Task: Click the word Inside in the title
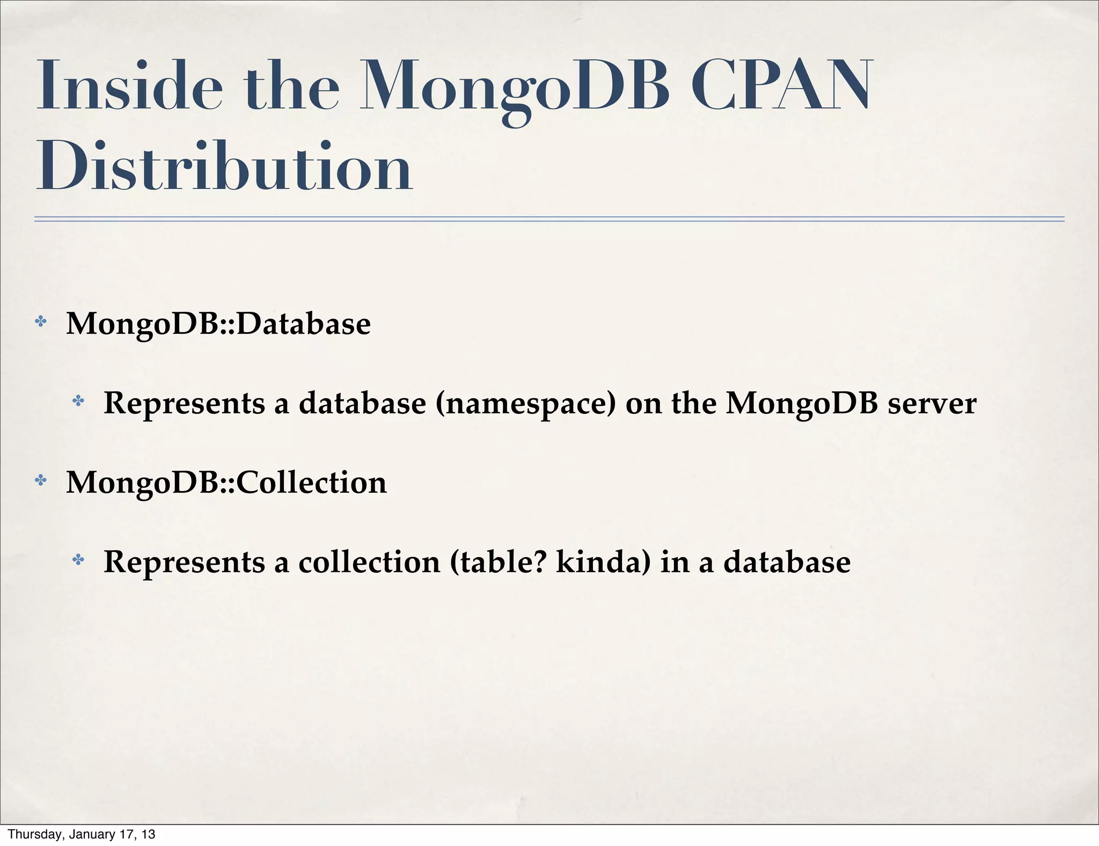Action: click(x=129, y=86)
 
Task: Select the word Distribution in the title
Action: click(x=224, y=166)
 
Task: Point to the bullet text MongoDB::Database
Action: click(x=218, y=324)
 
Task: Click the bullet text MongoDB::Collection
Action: click(x=226, y=482)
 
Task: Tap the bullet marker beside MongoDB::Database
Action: click(x=40, y=322)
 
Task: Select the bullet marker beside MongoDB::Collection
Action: click(x=40, y=480)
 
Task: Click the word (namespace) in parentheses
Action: click(x=526, y=404)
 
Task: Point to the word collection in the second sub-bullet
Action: click(x=369, y=562)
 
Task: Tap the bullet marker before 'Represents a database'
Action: click(x=78, y=401)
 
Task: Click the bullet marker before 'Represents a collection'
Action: click(x=78, y=560)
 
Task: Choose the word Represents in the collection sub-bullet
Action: click(x=184, y=562)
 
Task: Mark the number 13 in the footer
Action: click(x=149, y=834)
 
